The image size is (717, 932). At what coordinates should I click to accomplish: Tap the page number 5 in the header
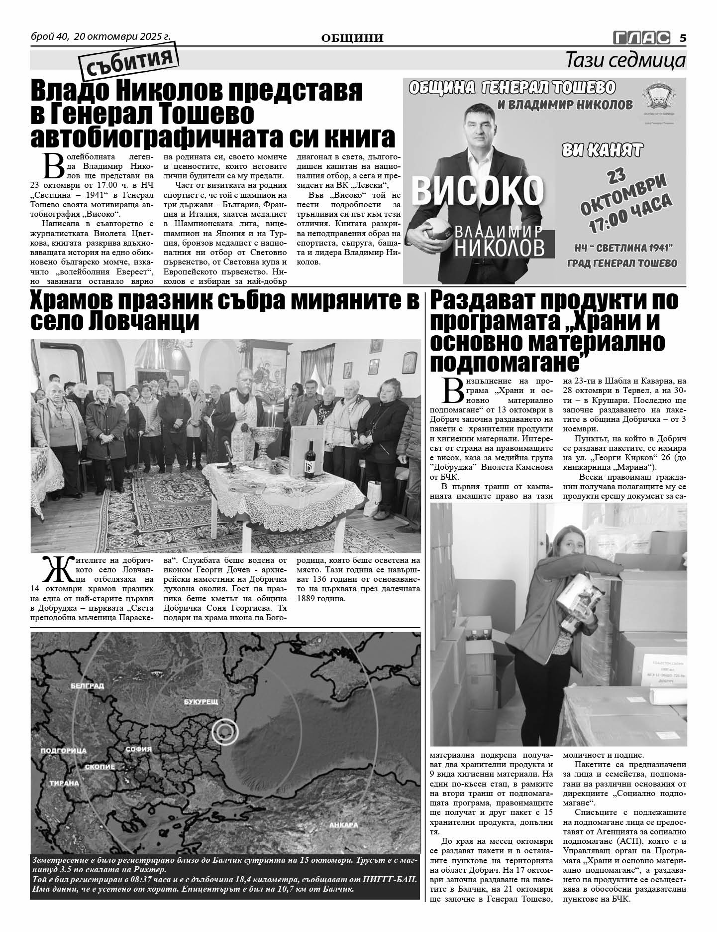pos(683,38)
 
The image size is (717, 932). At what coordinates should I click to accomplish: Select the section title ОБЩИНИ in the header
pos(352,38)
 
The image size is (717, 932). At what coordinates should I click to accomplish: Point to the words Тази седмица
pos(626,61)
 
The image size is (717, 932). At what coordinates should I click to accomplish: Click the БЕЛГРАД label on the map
pos(87,686)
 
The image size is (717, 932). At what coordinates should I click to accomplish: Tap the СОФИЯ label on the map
pos(135,749)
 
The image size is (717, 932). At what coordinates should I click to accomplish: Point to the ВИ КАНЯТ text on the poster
pos(602,150)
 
